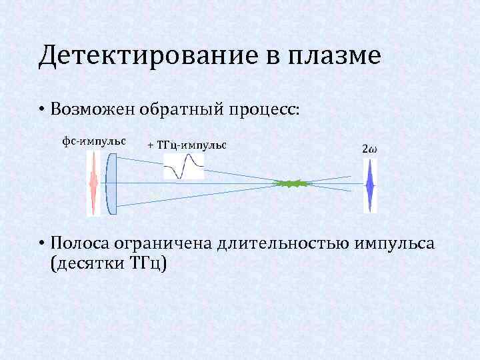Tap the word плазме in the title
click(x=334, y=56)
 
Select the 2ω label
click(x=369, y=148)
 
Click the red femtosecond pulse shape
click(x=93, y=182)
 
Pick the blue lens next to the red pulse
click(x=111, y=183)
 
